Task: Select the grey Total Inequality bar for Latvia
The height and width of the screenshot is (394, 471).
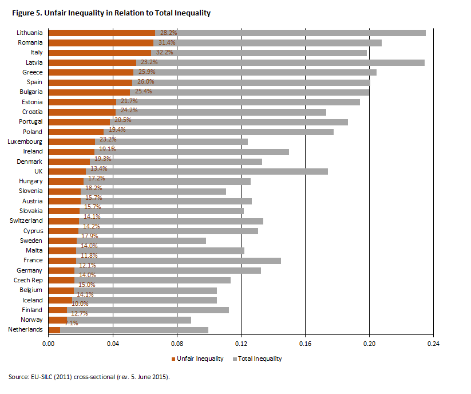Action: point(280,62)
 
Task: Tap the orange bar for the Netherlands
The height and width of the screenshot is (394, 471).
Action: point(54,330)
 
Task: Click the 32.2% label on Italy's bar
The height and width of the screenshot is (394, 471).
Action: point(164,53)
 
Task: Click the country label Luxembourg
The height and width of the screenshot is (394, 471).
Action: point(25,141)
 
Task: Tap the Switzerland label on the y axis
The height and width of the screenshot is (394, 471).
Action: point(26,220)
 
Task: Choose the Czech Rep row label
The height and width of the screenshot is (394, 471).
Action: point(28,280)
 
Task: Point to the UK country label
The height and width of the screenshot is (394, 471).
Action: point(39,171)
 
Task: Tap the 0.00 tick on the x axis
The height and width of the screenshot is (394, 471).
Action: point(49,344)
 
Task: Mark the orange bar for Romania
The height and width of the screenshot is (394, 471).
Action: point(101,43)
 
